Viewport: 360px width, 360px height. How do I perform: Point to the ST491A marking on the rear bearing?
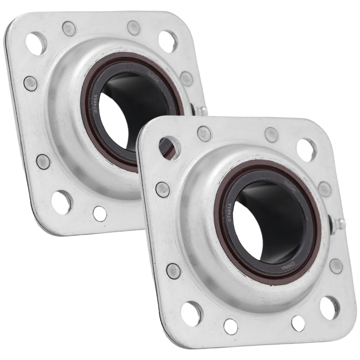(x=96, y=104)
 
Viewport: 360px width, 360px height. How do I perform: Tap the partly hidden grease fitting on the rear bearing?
(x=201, y=109)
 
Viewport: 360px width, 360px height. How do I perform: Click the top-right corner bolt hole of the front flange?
(x=307, y=149)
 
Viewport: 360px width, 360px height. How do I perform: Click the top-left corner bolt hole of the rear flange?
(x=37, y=43)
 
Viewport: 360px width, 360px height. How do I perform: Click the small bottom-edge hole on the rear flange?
(x=100, y=214)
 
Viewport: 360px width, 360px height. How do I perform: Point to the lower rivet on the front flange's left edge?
(x=173, y=270)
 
